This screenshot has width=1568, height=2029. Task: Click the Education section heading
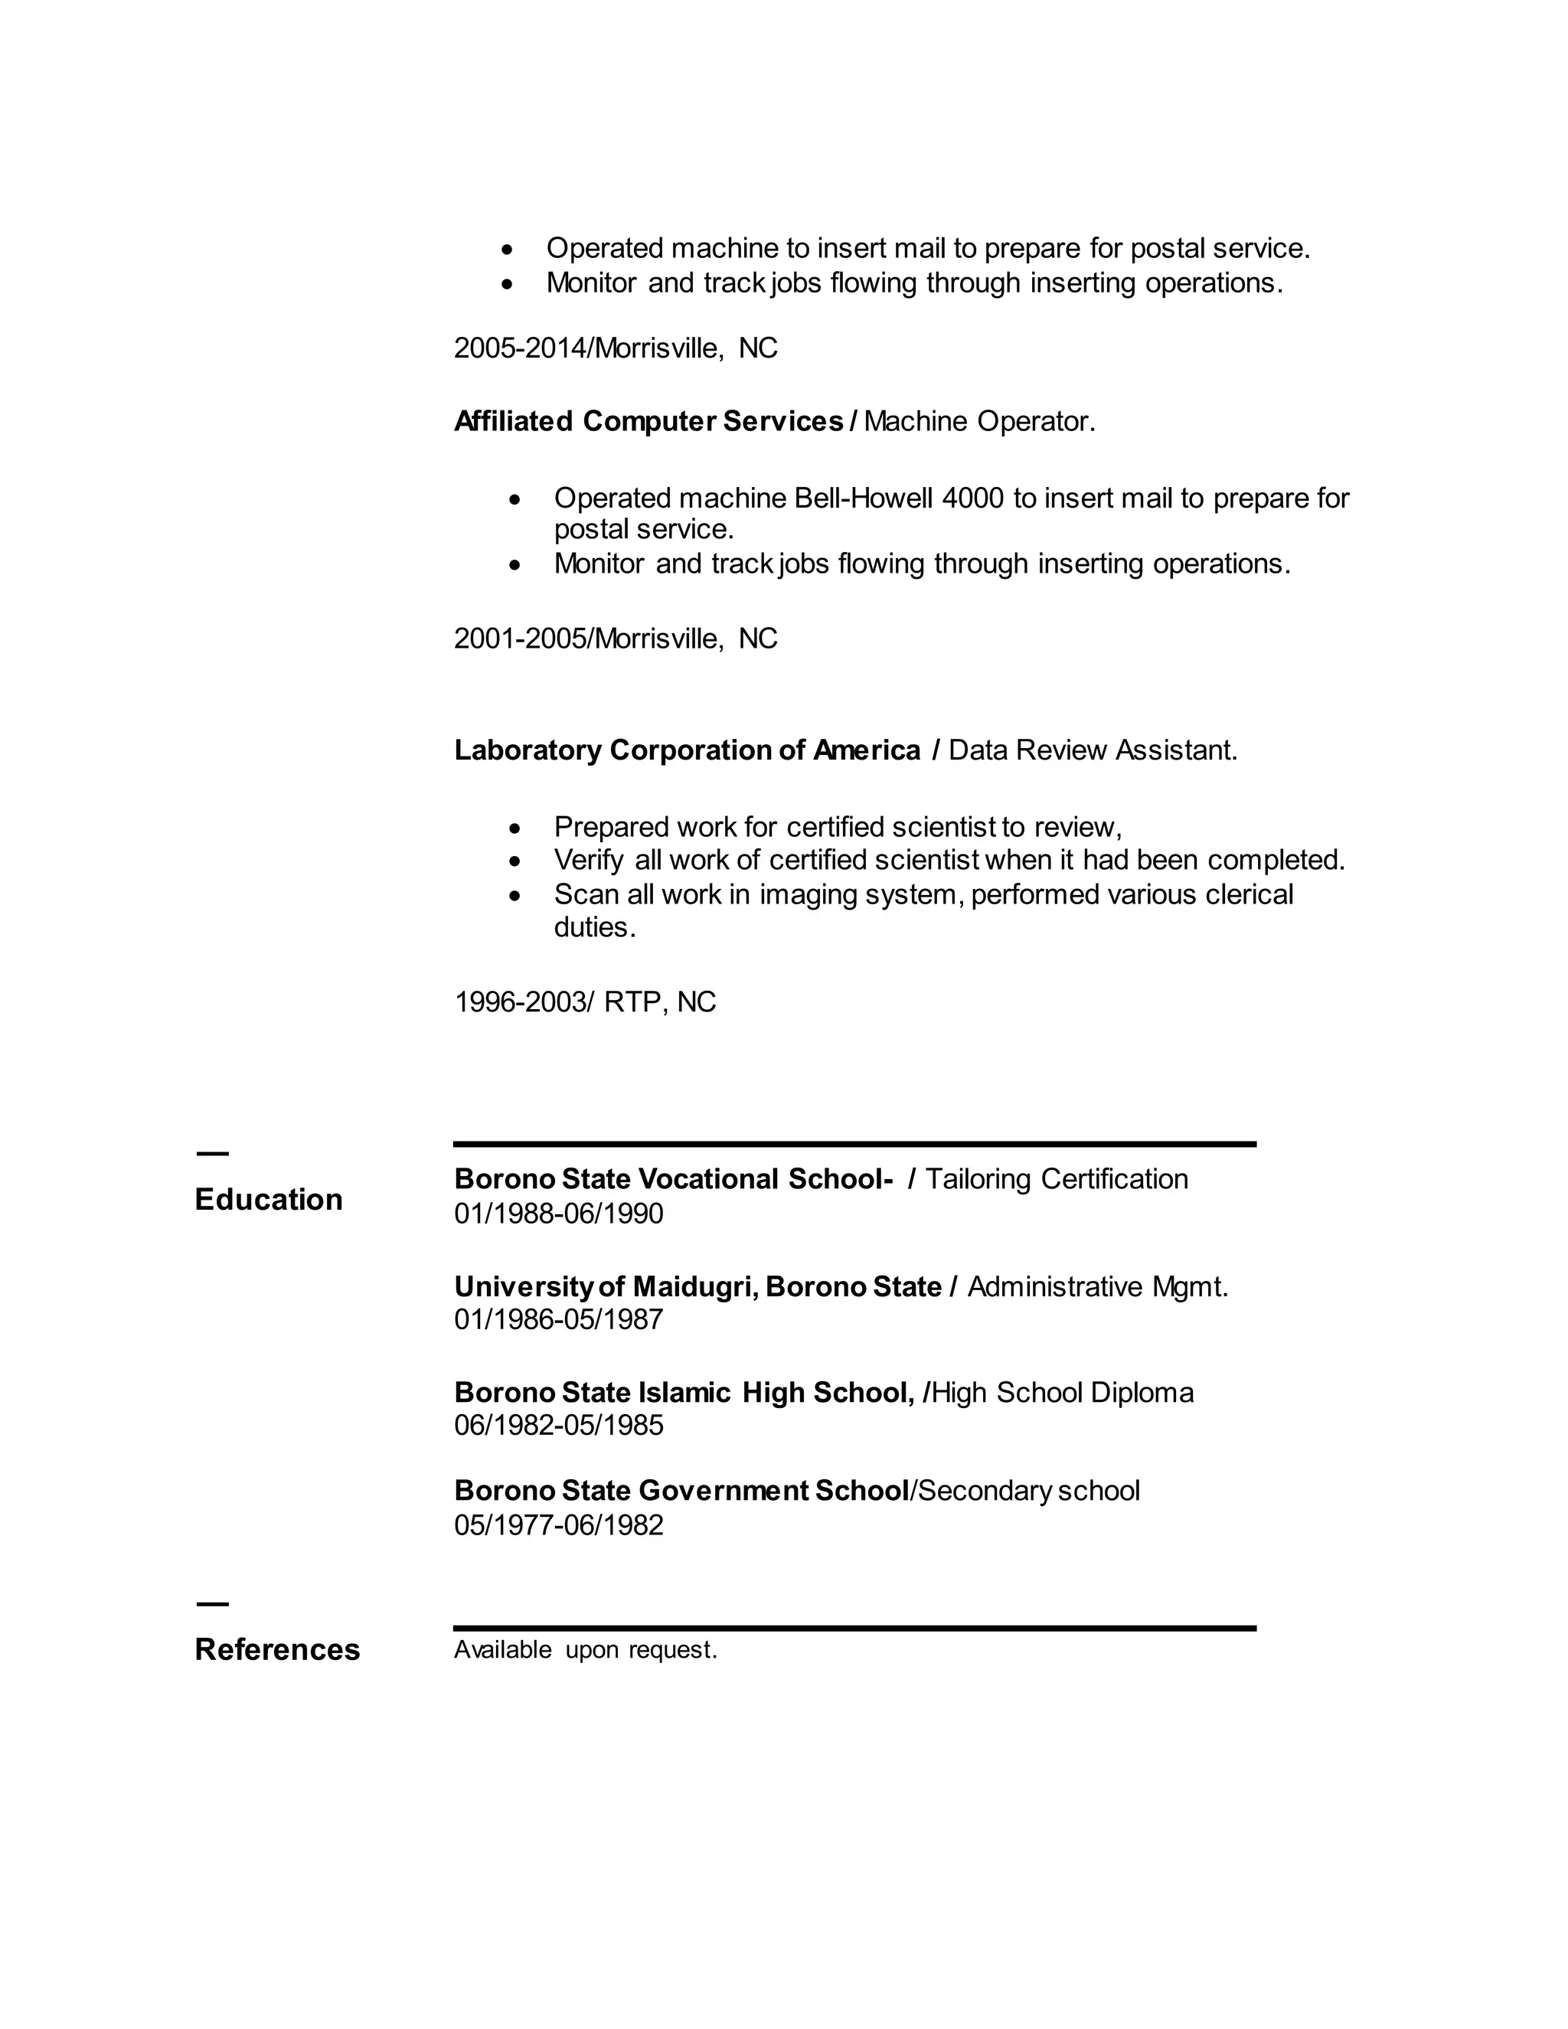pos(269,1199)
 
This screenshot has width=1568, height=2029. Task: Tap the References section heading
pos(277,1649)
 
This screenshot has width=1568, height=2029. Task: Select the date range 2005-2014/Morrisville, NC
pos(615,348)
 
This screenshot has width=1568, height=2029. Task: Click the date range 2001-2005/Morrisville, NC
pos(615,639)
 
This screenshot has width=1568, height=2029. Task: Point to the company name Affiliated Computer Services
pos(648,422)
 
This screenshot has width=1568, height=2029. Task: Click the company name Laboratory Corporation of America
pos(687,750)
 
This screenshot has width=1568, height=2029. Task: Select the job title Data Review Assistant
pos(1093,750)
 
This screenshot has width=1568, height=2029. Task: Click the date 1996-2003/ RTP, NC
pos(584,1002)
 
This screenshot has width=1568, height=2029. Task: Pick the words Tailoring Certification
pos(1056,1179)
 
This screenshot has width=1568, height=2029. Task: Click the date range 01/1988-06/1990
pos(558,1214)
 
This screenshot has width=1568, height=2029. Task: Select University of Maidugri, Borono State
pos(697,1287)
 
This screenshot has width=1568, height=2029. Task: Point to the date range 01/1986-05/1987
pos(558,1319)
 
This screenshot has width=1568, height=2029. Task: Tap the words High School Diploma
pos(1062,1393)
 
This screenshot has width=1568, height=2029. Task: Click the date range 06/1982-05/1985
pos(558,1425)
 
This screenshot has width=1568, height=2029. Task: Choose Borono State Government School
pos(680,1490)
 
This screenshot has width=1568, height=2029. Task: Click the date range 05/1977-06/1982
pos(558,1524)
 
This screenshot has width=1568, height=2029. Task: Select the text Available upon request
pos(585,1650)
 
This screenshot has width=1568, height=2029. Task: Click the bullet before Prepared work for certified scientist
pos(515,828)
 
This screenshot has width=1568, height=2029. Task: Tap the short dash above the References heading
pos(212,1603)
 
